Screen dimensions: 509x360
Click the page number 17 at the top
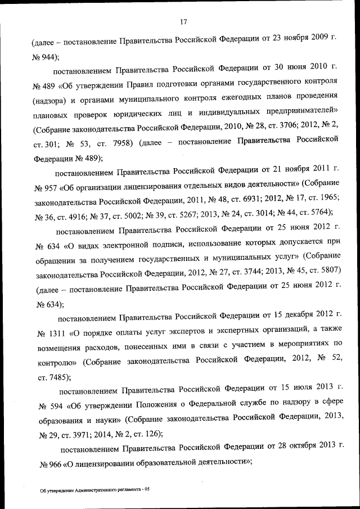point(183,22)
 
